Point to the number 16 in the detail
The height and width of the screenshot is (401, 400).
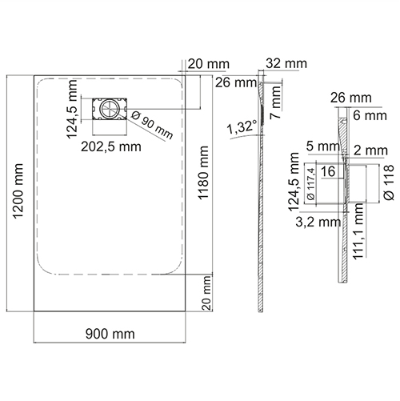[x=327, y=172]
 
